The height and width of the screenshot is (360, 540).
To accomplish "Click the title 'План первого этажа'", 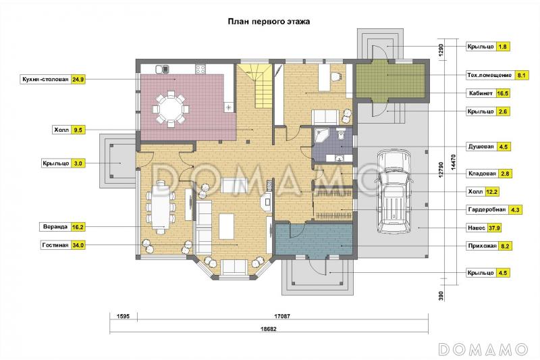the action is coord(269,22).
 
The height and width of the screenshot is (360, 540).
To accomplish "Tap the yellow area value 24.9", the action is coord(78,79).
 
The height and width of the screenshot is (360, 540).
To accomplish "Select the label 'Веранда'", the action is coord(55,227).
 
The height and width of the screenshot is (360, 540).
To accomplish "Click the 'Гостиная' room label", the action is coord(55,245).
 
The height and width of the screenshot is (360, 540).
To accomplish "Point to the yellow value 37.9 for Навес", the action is coord(494,228).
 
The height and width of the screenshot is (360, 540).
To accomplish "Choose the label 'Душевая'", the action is coord(481,147).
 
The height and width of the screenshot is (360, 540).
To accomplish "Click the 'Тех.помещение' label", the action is coord(489,75).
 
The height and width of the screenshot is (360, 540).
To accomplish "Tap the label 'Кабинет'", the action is coord(481,93).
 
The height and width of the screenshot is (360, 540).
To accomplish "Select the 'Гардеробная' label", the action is coord(487,209).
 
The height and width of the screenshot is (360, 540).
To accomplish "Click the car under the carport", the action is coord(395,191).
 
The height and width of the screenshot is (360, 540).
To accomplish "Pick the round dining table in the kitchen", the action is coord(171,109).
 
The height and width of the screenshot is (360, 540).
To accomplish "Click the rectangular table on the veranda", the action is coord(161,207).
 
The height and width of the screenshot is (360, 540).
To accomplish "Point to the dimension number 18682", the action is coord(268,329).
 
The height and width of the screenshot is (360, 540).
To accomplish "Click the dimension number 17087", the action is coord(282,316).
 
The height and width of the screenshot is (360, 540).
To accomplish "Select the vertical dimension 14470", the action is coord(453,161).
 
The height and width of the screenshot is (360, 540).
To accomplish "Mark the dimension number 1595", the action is coord(123,316).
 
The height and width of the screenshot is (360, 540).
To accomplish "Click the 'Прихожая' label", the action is coord(482,246).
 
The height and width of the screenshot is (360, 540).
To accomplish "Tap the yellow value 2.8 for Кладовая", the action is coord(505,174).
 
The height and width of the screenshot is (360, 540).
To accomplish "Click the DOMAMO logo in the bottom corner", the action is coord(483,349).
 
